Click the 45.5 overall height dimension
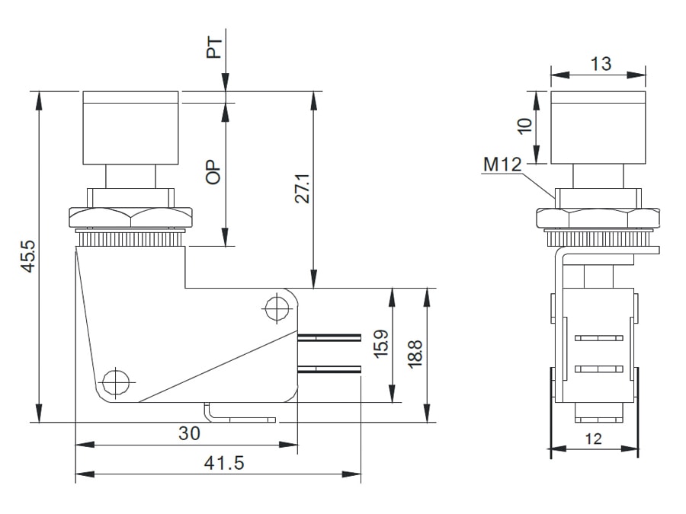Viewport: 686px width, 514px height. pyautogui.click(x=28, y=258)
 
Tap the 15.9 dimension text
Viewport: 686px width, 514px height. pyautogui.click(x=381, y=344)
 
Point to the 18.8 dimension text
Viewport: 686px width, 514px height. pyautogui.click(x=415, y=354)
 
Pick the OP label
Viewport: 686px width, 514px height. pyautogui.click(x=214, y=172)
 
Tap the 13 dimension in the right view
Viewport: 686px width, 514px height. pyautogui.click(x=601, y=64)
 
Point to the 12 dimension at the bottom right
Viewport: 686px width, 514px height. pyautogui.click(x=594, y=439)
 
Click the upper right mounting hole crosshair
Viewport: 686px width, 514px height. pyautogui.click(x=275, y=308)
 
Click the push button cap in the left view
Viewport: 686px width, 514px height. pyautogui.click(x=131, y=128)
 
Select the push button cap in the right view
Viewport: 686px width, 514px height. pyautogui.click(x=598, y=128)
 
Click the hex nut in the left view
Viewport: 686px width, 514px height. pyautogui.click(x=131, y=217)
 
